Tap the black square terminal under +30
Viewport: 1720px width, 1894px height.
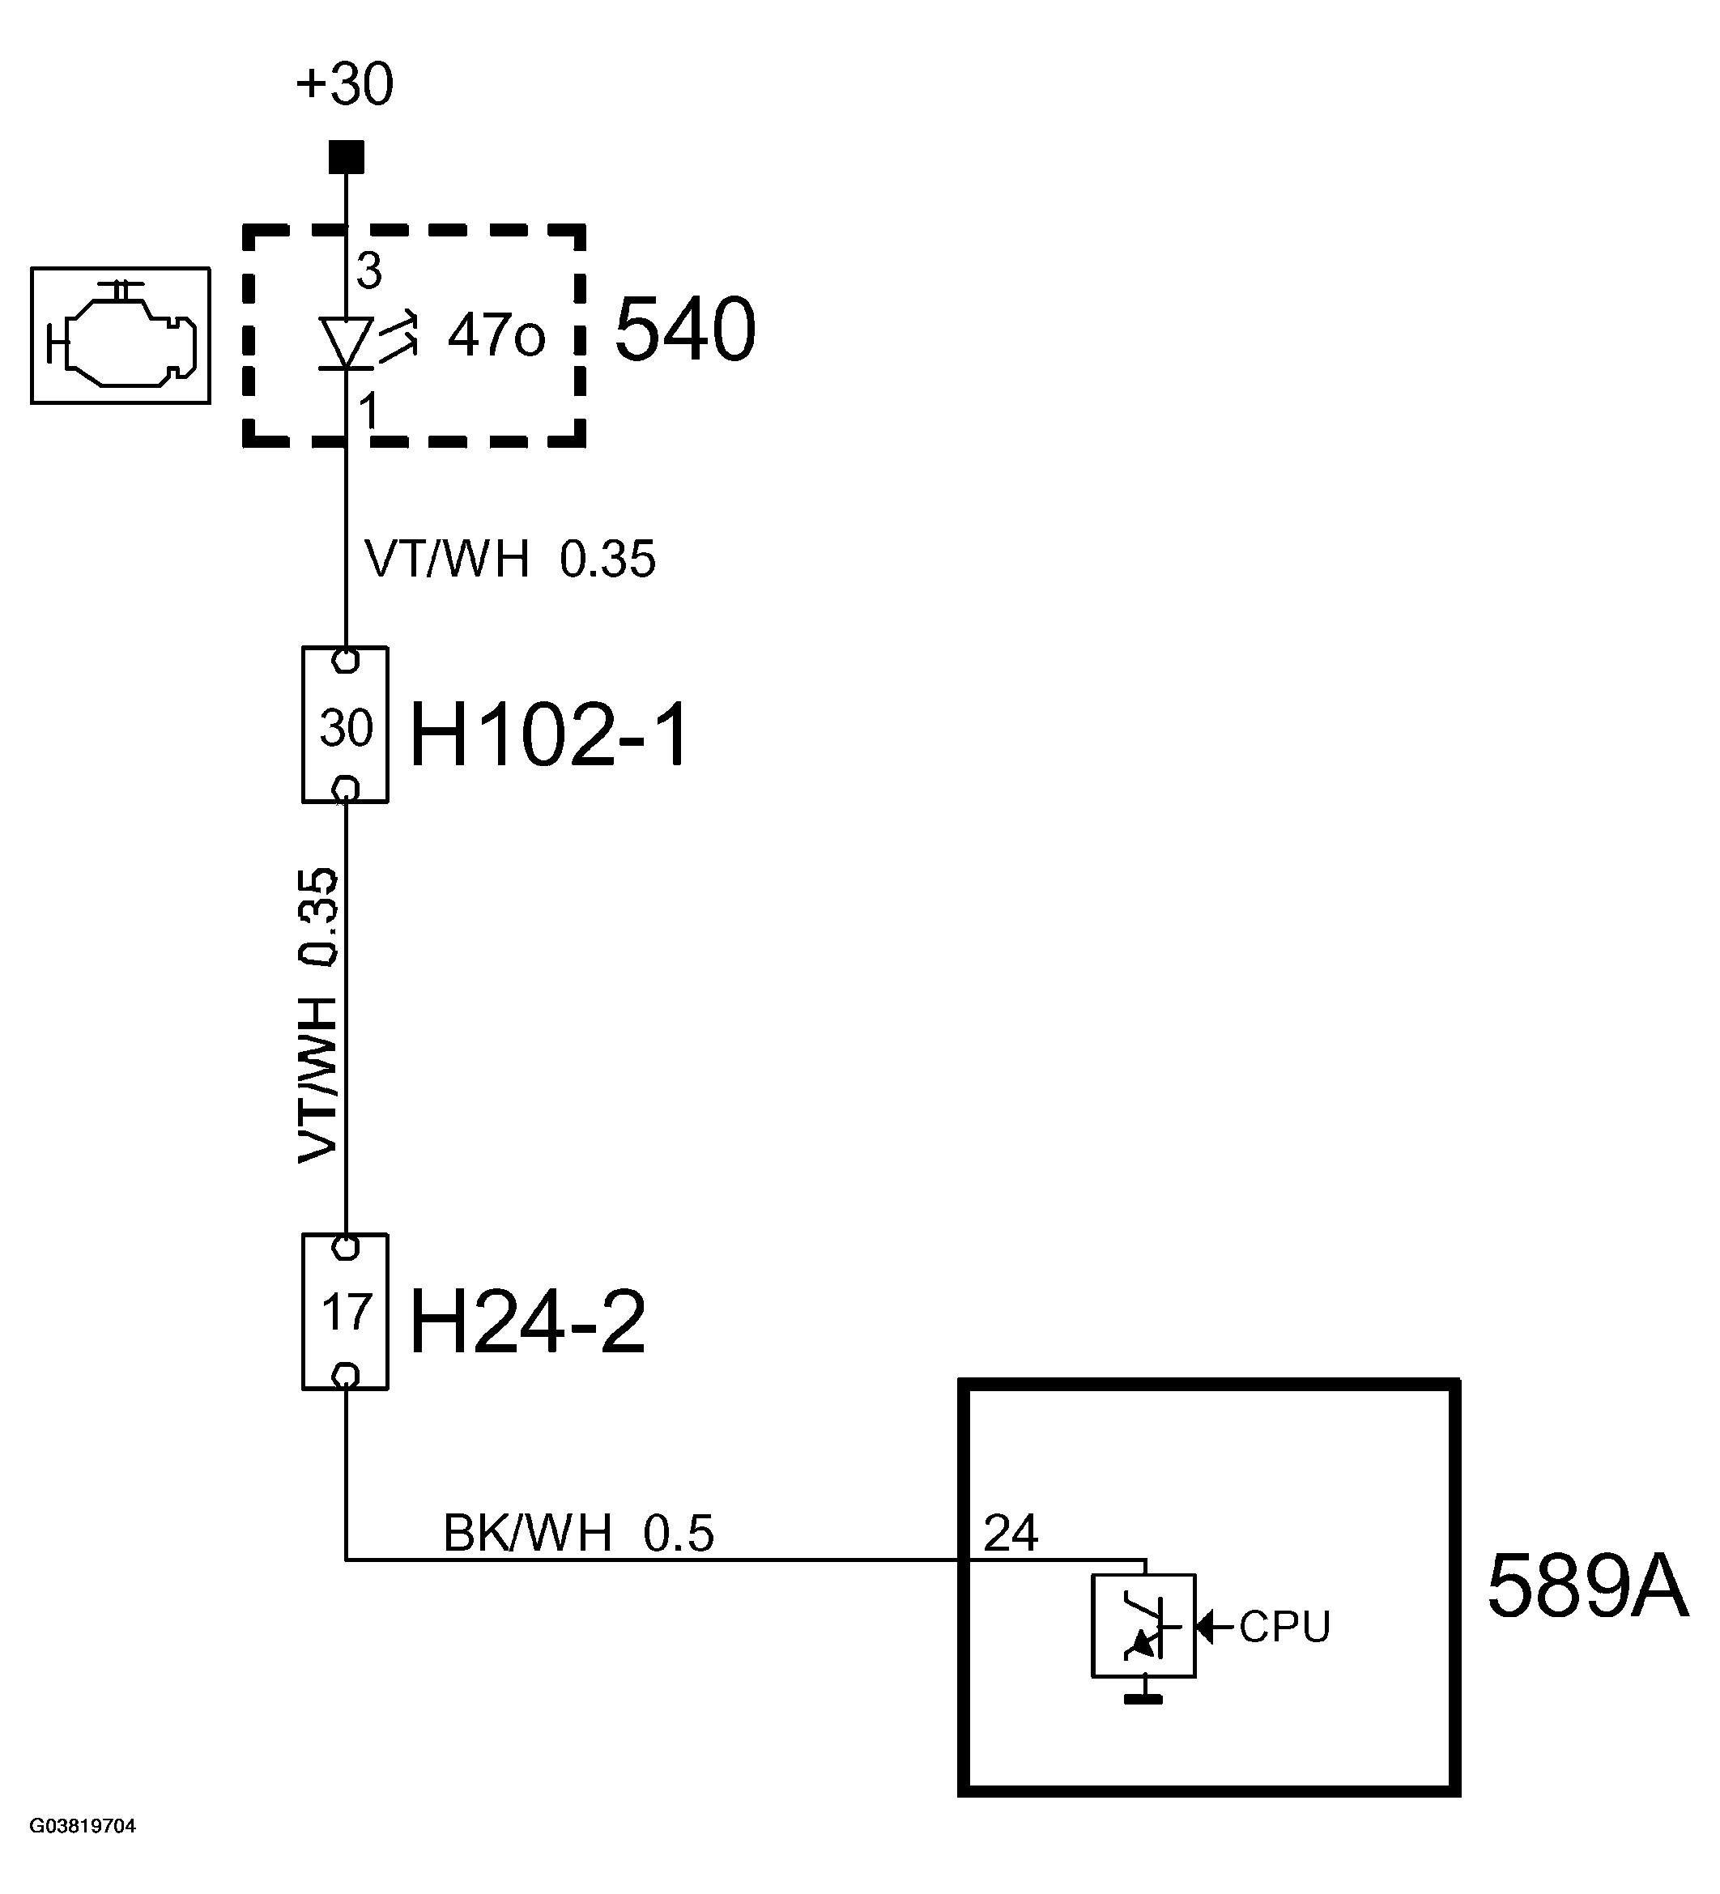point(346,157)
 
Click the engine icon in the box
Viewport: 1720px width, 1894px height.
point(120,335)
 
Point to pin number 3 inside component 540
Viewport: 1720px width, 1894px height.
point(369,271)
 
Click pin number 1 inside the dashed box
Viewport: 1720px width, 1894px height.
point(368,411)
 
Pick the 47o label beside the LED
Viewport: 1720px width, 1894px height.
point(495,334)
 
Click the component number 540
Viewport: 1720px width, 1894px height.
point(685,330)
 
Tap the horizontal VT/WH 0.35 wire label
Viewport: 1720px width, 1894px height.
point(509,559)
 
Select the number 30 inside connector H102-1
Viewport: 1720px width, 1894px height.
point(346,728)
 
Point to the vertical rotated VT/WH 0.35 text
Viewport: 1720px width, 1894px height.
point(318,1015)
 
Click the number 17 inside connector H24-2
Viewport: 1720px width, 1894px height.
point(346,1312)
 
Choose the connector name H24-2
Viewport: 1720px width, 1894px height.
point(527,1321)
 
